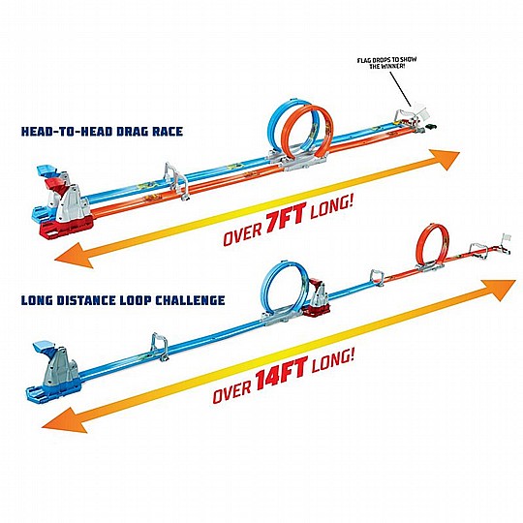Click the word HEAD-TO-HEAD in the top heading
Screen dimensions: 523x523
tap(66, 131)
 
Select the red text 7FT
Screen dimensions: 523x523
tap(285, 218)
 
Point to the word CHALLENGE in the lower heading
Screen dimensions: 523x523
tap(191, 300)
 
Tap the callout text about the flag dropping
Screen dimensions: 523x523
tap(386, 63)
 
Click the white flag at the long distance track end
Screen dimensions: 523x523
tap(506, 237)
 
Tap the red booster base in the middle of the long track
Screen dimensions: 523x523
tap(316, 309)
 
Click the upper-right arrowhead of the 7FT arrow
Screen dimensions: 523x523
tap(446, 159)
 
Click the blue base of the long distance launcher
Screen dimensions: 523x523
tap(54, 390)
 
